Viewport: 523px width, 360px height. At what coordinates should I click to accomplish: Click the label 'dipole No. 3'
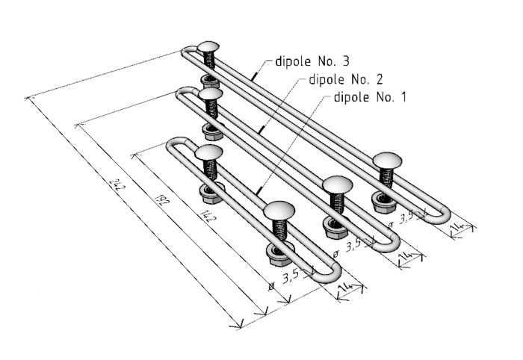coord(312,61)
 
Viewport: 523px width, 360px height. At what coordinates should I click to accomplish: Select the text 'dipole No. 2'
coord(346,79)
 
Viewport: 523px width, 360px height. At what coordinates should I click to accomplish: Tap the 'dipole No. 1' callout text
coord(370,97)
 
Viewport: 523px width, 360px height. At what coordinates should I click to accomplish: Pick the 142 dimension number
coord(210,214)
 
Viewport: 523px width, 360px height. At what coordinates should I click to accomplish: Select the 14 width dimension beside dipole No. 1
coord(345,288)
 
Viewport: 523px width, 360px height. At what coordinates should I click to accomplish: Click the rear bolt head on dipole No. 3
coord(208,47)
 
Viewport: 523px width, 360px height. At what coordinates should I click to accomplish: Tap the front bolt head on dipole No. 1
coord(279,211)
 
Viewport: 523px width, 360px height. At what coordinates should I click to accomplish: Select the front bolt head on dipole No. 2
coord(337,185)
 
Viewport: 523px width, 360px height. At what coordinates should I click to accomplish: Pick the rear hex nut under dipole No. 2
coord(214,131)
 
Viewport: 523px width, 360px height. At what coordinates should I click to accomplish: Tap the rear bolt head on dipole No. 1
coord(208,152)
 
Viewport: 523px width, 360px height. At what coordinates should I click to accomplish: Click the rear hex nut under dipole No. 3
coord(209,81)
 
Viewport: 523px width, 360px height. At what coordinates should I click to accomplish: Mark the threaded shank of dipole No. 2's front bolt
coord(337,203)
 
